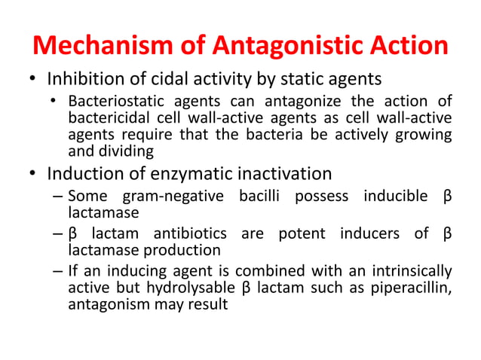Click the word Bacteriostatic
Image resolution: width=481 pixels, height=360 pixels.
(x=114, y=102)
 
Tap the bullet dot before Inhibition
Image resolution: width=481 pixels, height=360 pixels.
(x=33, y=80)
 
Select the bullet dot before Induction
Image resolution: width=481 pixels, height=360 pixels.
(x=33, y=175)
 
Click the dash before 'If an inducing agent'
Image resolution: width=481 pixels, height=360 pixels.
(x=57, y=270)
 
